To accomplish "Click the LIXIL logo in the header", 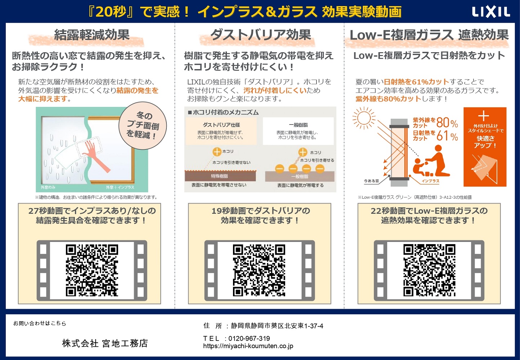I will (x=491, y=12).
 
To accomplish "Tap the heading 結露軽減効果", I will (x=91, y=35).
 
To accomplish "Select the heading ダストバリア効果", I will (x=260, y=35).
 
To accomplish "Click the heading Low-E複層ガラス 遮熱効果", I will (x=429, y=35).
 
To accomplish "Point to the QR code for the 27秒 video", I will (x=92, y=270).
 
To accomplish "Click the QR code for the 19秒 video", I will (x=259, y=270).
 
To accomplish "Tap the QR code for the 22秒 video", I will (x=429, y=270).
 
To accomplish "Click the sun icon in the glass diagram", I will (x=364, y=118).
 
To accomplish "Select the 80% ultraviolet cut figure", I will (x=447, y=123).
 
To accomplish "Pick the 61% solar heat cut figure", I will (x=447, y=136).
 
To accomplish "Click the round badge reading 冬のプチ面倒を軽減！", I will (x=143, y=125).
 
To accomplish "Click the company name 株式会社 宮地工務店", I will (x=105, y=343).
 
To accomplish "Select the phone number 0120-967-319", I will (x=249, y=338).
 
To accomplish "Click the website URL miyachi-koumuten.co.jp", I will (x=248, y=346).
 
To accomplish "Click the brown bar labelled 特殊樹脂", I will (x=220, y=176).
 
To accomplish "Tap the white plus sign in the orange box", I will (x=483, y=116).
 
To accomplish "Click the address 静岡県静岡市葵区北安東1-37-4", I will (x=277, y=326).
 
